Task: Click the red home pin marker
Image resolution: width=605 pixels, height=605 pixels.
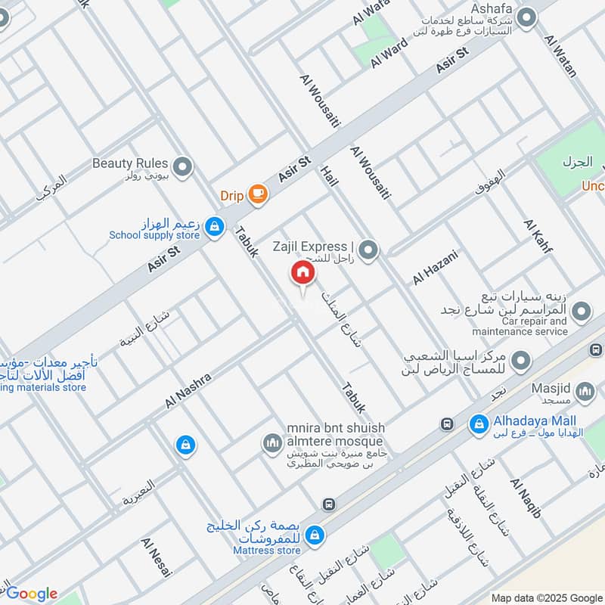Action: point(302,273)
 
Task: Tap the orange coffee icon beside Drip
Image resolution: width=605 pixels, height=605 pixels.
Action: point(258,195)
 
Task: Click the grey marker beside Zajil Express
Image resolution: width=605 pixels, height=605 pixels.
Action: point(368,249)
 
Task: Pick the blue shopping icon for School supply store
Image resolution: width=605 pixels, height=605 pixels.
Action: point(215,226)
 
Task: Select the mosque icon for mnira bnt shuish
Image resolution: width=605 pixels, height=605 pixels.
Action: point(271,442)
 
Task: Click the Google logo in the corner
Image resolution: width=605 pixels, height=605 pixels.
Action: point(31,594)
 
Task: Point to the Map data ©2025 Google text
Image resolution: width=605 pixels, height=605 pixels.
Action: point(546,597)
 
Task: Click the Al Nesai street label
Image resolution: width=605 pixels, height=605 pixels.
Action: point(157,559)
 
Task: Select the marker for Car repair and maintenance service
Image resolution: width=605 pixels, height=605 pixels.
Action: point(582,311)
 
